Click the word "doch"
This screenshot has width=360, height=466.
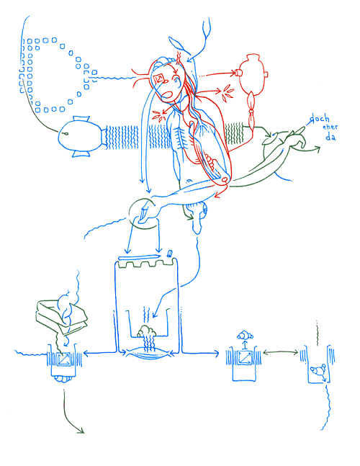click(320, 119)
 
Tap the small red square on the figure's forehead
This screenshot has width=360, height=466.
click(160, 79)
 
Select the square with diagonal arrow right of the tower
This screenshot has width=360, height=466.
click(243, 357)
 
